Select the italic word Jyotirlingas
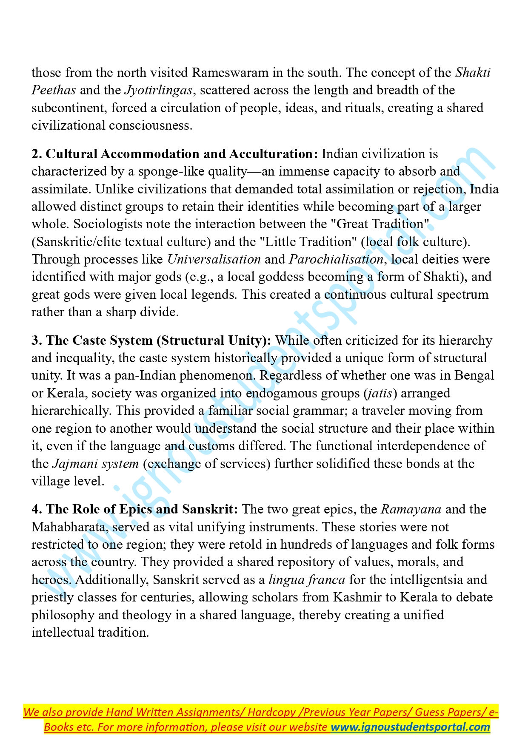(159, 90)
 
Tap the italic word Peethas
(54, 90)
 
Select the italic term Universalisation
(214, 259)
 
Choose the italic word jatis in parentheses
(380, 393)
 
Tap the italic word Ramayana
(411, 509)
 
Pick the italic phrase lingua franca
(307, 580)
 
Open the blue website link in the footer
(411, 727)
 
